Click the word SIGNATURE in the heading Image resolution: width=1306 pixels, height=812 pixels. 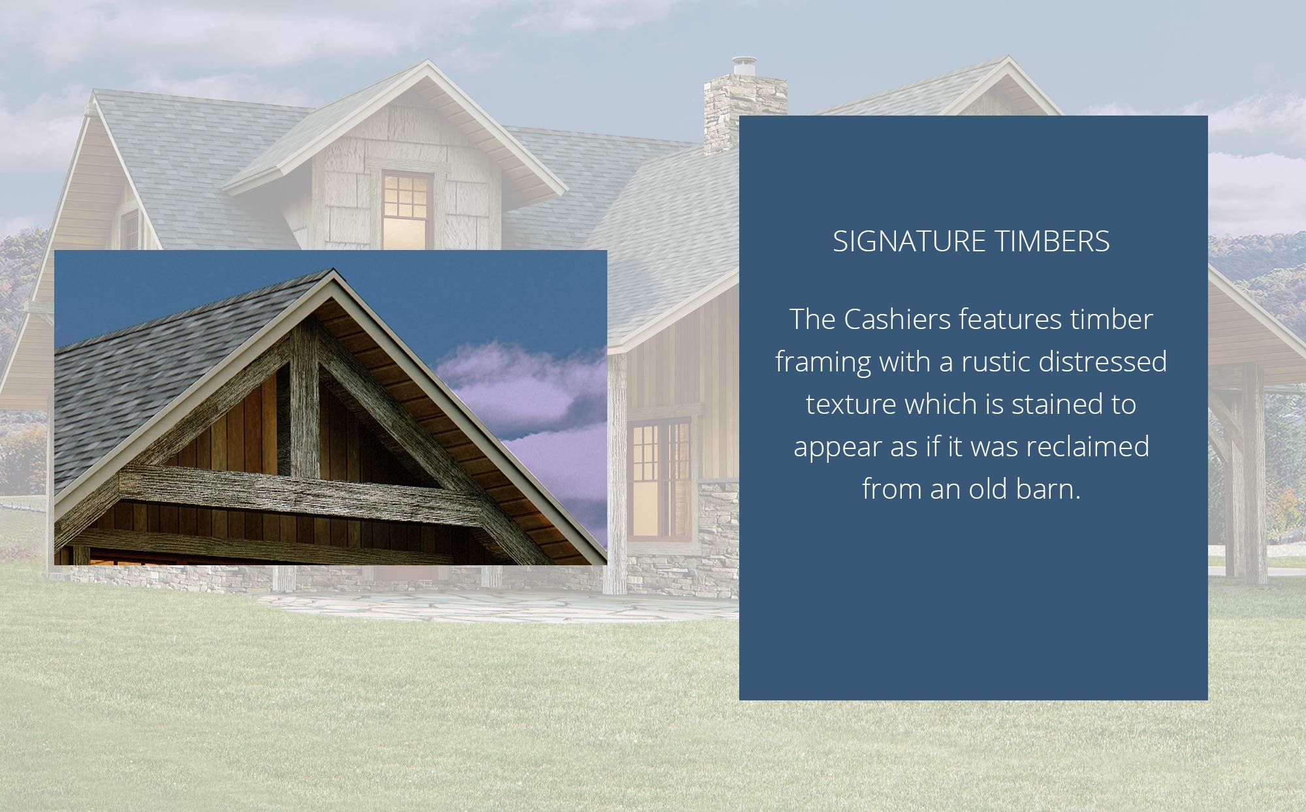[x=908, y=242]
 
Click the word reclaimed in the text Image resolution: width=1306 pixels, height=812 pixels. [x=1087, y=446]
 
